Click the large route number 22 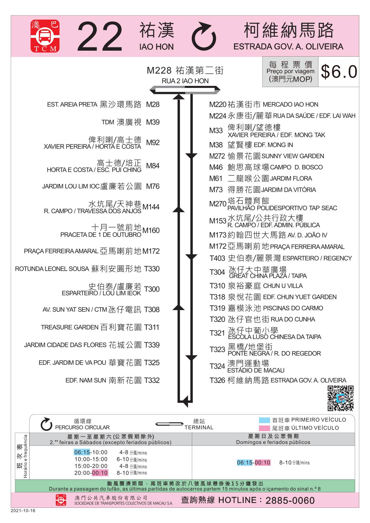(100, 37)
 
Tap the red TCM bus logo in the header (45, 36)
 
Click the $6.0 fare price (339, 72)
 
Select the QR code (340, 398)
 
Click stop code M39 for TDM (152, 122)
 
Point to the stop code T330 (152, 269)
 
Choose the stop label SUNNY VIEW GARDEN (292, 156)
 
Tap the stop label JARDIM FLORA (291, 178)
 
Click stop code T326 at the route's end (217, 380)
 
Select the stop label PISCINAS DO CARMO (293, 308)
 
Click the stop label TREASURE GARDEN (70, 327)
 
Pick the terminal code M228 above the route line (159, 71)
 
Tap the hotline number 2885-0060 (290, 500)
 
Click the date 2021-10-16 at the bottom (23, 510)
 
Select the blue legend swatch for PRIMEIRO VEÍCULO (264, 420)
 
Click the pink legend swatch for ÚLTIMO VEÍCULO (264, 428)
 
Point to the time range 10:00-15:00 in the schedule (91, 459)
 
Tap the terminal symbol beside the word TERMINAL (169, 424)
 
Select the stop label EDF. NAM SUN (86, 380)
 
